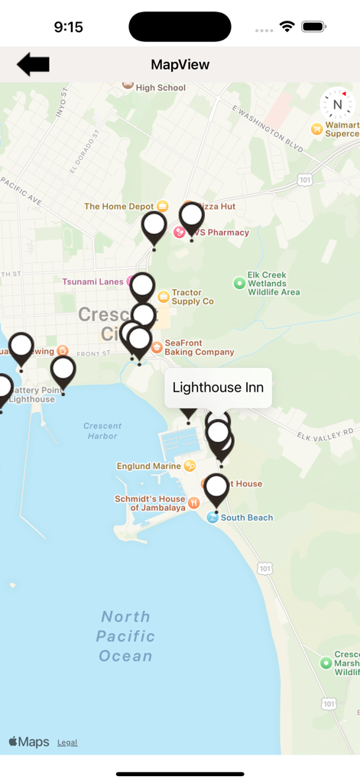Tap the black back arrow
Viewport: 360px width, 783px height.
tap(33, 65)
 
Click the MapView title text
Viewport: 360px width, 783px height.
tap(180, 65)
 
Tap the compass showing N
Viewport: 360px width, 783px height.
tap(336, 105)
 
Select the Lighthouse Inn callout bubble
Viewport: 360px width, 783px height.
tap(218, 388)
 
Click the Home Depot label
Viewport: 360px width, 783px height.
tap(118, 206)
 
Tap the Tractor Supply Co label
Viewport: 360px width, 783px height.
tap(192, 297)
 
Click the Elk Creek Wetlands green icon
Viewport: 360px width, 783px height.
tap(239, 284)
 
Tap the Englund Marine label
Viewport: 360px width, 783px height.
tap(149, 466)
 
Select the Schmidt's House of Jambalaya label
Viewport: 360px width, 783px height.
tap(150, 503)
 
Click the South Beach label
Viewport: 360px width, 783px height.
tap(246, 518)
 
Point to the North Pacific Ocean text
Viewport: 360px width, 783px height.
tap(126, 636)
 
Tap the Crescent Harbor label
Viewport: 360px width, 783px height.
tap(102, 430)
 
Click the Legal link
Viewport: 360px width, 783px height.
tap(67, 742)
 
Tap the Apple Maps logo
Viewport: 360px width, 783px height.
tap(29, 742)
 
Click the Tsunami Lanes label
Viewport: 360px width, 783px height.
tap(92, 281)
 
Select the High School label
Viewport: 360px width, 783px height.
tap(161, 88)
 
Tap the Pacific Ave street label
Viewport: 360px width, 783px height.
tap(21, 190)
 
